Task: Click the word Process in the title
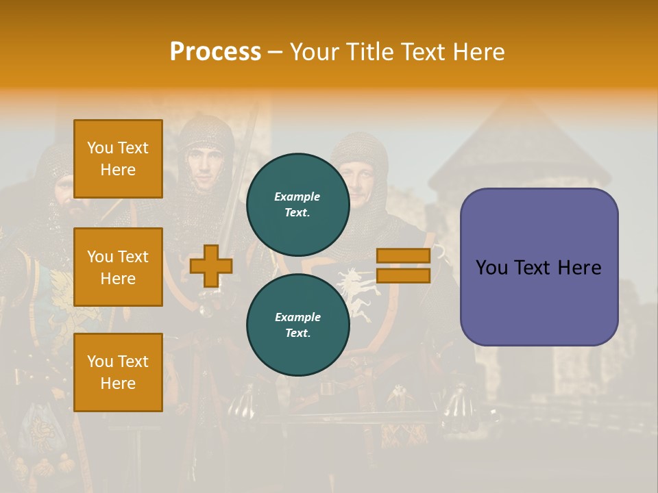click(215, 52)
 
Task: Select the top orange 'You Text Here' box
click(118, 159)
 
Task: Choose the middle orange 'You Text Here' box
click(118, 267)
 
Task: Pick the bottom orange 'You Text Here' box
click(118, 372)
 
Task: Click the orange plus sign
click(211, 266)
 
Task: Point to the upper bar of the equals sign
click(403, 255)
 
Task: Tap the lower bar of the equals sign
click(403, 275)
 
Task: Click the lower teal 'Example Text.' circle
click(297, 325)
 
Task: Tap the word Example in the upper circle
click(297, 197)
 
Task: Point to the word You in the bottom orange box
click(100, 361)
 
